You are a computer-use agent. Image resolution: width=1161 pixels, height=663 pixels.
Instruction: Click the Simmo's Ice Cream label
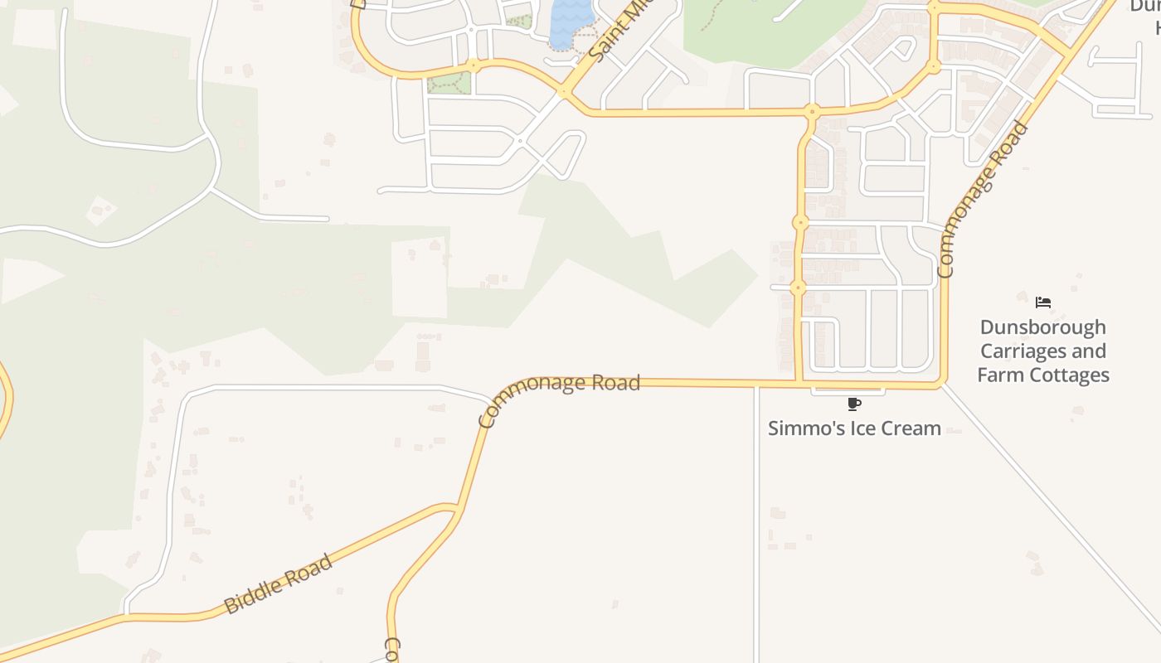854,428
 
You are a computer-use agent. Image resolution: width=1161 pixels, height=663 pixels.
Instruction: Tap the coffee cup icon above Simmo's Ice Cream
854,404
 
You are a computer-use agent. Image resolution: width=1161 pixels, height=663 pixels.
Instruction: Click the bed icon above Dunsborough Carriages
1043,302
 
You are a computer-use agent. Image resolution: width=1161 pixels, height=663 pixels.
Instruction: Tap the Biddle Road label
279,583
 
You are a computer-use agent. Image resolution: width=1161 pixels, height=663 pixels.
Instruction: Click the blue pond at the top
571,21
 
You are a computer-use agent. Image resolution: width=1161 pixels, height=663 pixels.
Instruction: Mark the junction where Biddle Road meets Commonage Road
455,507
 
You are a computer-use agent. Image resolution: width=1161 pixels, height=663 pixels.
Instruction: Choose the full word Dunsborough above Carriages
1043,327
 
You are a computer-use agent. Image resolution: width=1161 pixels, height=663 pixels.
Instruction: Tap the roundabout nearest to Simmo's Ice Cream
799,288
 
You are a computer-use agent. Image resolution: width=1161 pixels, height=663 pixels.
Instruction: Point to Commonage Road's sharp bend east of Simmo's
941,383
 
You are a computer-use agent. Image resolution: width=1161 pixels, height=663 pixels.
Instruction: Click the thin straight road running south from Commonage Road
756,522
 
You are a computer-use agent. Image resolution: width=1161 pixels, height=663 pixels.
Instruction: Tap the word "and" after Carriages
1089,351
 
